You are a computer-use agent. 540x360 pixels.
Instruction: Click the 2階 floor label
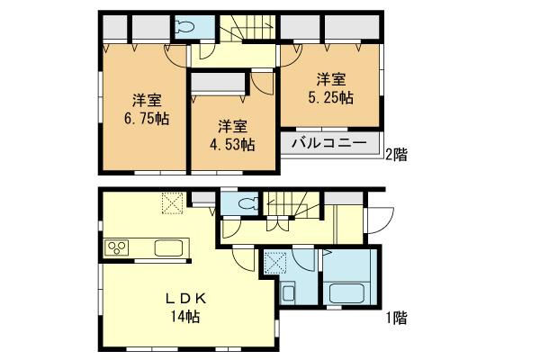[395, 154]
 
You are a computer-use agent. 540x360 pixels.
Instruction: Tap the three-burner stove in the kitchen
[118, 247]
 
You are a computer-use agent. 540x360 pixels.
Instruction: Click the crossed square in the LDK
[172, 203]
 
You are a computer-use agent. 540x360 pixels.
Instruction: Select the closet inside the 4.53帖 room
[219, 83]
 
